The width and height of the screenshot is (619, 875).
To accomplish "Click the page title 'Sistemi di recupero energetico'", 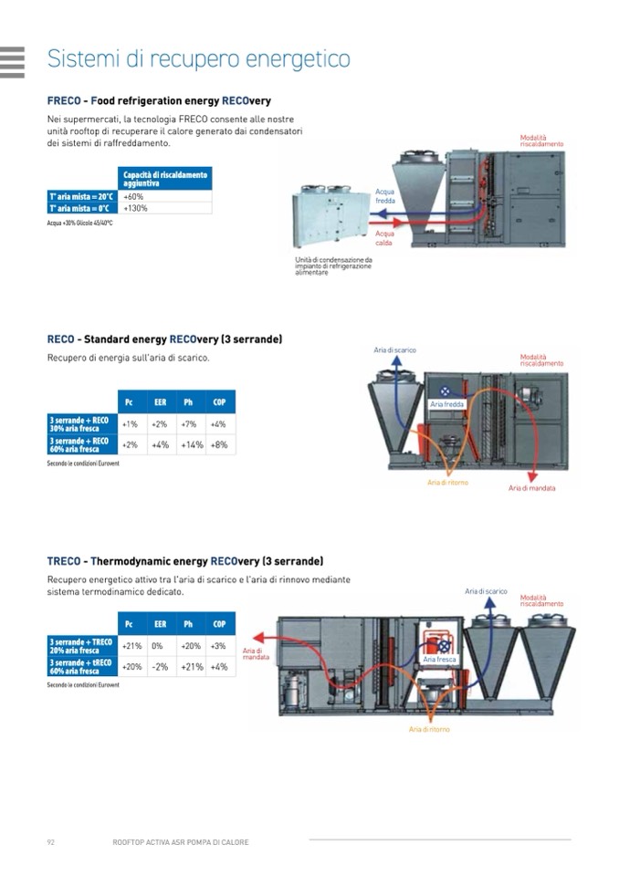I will [198, 59].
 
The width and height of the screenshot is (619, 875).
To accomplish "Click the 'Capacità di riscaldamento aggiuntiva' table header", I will [165, 178].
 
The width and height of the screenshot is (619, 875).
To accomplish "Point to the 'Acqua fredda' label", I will [385, 196].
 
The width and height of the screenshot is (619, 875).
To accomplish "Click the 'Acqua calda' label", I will [384, 238].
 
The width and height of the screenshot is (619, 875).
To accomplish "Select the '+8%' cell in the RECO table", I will [218, 444].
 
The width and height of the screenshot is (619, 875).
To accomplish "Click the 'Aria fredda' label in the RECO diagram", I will [447, 403].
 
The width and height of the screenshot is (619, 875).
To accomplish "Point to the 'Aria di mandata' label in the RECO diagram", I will [531, 488].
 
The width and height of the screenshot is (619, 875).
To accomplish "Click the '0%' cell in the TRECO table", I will [157, 646].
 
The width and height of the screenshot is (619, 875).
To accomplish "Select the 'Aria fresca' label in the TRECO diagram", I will [440, 658].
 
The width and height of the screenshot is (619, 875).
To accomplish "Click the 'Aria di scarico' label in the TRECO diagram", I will [486, 591].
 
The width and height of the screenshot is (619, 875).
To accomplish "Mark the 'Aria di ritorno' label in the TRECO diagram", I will [429, 729].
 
